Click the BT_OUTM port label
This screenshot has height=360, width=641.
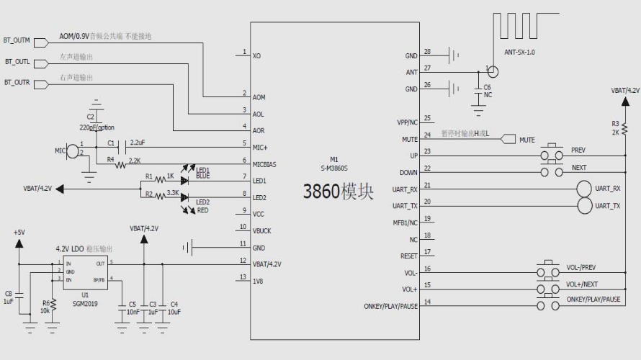pos(17,41)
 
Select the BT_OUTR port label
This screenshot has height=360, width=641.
pos(17,83)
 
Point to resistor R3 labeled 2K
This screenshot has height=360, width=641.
pos(615,128)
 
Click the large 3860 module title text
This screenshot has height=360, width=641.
pos(339,192)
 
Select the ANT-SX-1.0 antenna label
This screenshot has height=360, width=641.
pos(519,52)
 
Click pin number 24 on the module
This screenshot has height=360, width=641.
pos(427,135)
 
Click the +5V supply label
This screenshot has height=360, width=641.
pos(19,233)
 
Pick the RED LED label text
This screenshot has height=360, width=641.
pos(202,210)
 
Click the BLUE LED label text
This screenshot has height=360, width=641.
pos(203,175)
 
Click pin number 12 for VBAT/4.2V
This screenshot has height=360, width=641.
pos(244,260)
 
